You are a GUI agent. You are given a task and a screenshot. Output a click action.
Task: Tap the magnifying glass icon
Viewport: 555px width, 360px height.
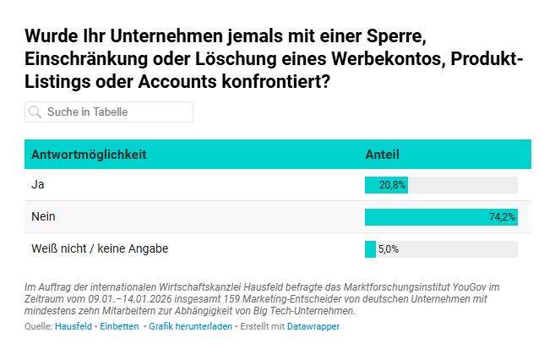pyautogui.click(x=35, y=112)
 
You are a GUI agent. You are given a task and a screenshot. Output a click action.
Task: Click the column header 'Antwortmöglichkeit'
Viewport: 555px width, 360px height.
pyautogui.click(x=89, y=155)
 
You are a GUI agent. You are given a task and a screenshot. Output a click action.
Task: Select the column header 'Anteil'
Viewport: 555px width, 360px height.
pyautogui.click(x=382, y=155)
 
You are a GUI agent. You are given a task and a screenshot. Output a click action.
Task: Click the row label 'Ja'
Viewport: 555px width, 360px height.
pyautogui.click(x=37, y=184)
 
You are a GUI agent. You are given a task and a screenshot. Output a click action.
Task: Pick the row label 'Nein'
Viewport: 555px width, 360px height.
pyautogui.click(x=43, y=216)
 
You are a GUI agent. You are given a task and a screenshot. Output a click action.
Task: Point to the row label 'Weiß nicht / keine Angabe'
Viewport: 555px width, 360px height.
pyautogui.click(x=100, y=248)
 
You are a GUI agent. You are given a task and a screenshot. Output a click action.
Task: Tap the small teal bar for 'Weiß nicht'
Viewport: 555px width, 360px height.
pyautogui.click(x=370, y=249)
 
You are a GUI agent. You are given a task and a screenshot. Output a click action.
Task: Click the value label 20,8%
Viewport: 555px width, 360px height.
pyautogui.click(x=393, y=185)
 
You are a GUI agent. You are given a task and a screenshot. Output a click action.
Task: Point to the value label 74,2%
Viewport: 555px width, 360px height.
pyautogui.click(x=502, y=217)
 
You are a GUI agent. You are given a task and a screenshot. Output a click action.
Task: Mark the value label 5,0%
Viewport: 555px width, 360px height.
pyautogui.click(x=388, y=249)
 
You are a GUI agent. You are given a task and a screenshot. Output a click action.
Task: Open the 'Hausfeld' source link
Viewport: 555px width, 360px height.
pyautogui.click(x=73, y=326)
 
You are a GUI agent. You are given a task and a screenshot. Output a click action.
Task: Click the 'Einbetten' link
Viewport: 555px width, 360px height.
pyautogui.click(x=119, y=326)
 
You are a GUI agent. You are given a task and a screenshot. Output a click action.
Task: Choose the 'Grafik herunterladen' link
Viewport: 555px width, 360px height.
pyautogui.click(x=190, y=326)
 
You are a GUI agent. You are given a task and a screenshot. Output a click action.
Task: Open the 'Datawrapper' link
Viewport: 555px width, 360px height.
pyautogui.click(x=313, y=326)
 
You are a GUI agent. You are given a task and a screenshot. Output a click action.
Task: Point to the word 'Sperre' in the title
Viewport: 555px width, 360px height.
pyautogui.click(x=390, y=37)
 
